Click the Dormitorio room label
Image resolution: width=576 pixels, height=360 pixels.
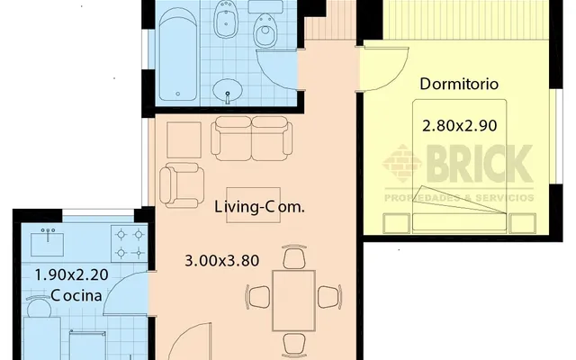(459, 84)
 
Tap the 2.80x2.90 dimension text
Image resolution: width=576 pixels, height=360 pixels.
(460, 126)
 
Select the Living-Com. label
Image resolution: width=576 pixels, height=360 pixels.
(259, 207)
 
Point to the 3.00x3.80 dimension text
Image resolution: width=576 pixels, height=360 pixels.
(222, 261)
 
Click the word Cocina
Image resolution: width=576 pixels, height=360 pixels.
(76, 295)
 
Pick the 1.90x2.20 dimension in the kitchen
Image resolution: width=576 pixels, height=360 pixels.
(71, 274)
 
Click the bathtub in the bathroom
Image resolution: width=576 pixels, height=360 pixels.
(178, 54)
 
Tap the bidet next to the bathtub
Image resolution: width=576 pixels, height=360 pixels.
(227, 20)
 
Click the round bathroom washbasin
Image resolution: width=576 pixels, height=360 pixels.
(228, 89)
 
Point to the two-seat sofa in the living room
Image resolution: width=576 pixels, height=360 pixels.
(252, 139)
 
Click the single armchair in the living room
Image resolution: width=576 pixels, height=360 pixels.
(182, 185)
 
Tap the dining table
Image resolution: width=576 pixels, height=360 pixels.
(294, 301)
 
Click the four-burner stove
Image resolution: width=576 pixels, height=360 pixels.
(130, 244)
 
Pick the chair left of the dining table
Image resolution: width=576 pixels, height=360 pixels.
(258, 297)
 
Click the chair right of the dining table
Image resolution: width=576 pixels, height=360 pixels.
(329, 297)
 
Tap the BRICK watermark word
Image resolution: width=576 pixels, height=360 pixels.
(480, 164)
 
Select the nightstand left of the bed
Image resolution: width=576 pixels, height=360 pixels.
(397, 223)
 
